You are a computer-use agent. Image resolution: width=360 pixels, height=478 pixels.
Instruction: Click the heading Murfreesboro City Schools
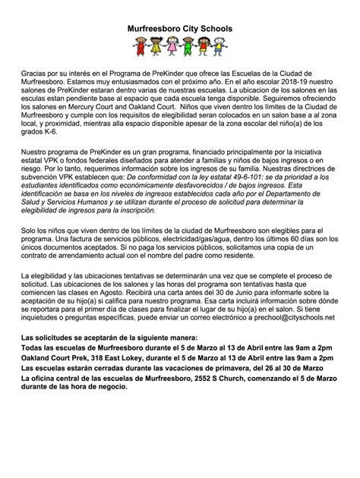point(180,28)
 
